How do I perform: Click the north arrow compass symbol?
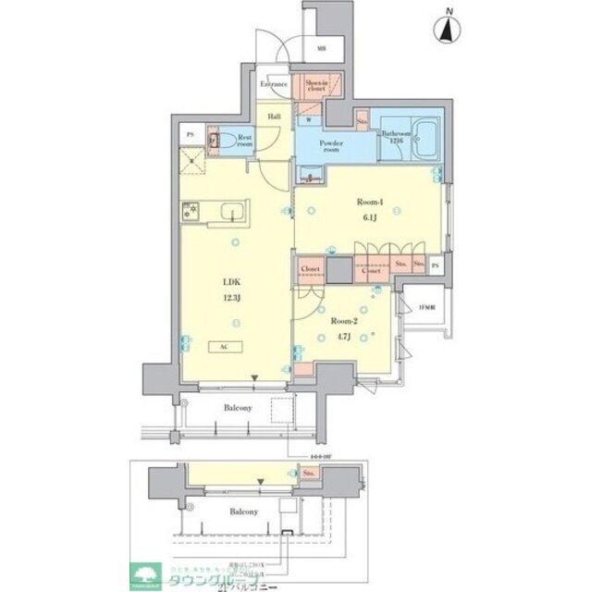[448, 29]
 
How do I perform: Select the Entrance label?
[274, 85]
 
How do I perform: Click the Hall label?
[275, 117]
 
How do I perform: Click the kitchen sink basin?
[228, 212]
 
